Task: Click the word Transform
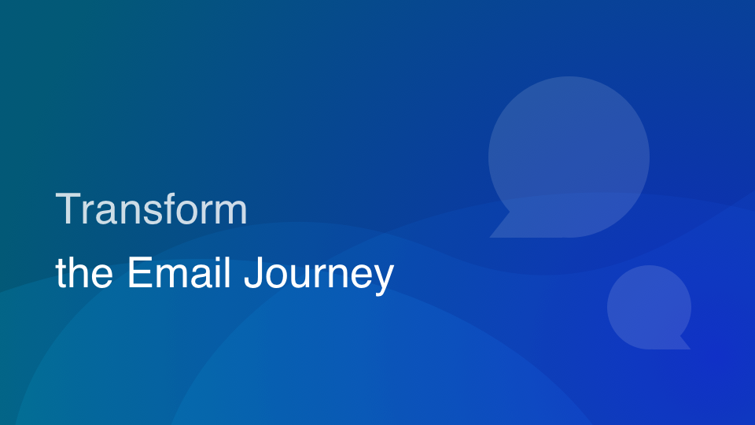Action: click(151, 209)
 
